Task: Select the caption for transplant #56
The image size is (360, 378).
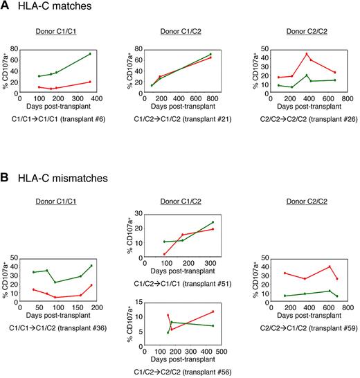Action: [183, 372]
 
